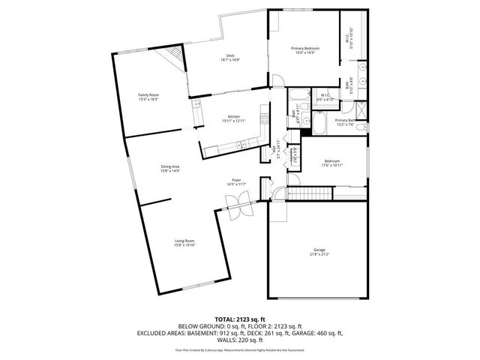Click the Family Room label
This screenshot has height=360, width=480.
(x=148, y=94)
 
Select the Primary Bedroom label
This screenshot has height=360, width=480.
(x=304, y=49)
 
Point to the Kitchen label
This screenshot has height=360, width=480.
(x=233, y=117)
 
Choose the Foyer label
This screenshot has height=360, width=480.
(x=236, y=180)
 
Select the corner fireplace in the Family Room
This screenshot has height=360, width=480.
(x=175, y=55)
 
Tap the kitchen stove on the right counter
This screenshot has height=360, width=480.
(x=263, y=118)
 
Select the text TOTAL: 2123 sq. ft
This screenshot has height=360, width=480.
(x=240, y=319)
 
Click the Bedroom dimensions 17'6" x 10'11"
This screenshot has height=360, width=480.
(x=331, y=164)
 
